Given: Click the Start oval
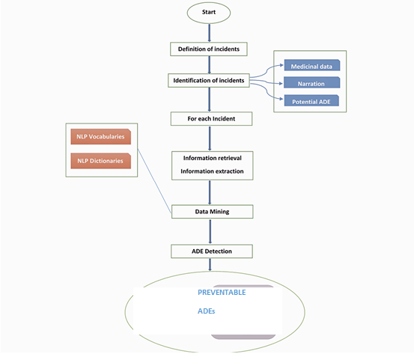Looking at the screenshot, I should pyautogui.click(x=209, y=13).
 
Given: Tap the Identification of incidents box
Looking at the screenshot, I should pyautogui.click(x=209, y=79).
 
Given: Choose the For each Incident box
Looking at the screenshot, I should pyautogui.click(x=210, y=118).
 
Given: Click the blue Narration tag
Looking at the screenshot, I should pyautogui.click(x=311, y=83).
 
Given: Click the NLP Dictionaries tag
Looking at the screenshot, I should pyautogui.click(x=100, y=160).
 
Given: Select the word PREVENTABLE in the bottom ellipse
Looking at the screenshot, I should pyautogui.click(x=221, y=293).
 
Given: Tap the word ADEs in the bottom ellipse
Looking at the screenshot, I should pyautogui.click(x=207, y=310).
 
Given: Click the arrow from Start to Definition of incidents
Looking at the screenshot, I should pyautogui.click(x=209, y=32).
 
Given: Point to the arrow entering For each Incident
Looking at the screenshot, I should pyautogui.click(x=209, y=100).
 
